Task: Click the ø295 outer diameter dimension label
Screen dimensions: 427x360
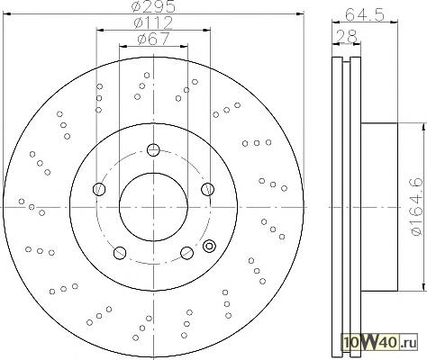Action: pyautogui.click(x=153, y=6)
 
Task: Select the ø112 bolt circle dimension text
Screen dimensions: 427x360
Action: pyautogui.click(x=153, y=22)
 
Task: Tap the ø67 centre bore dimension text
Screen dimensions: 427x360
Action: pyautogui.click(x=153, y=39)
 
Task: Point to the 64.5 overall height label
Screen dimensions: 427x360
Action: pyautogui.click(x=365, y=14)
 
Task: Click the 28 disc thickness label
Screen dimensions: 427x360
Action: pyautogui.click(x=347, y=36)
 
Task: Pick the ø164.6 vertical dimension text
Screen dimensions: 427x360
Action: pyautogui.click(x=416, y=207)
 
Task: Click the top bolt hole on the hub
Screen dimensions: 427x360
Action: pyautogui.click(x=153, y=149)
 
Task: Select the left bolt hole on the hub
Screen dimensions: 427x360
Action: pyautogui.click(x=99, y=189)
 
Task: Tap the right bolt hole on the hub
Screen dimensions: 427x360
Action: pyautogui.click(x=208, y=189)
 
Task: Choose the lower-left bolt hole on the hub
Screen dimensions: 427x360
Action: pyautogui.click(x=120, y=253)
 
